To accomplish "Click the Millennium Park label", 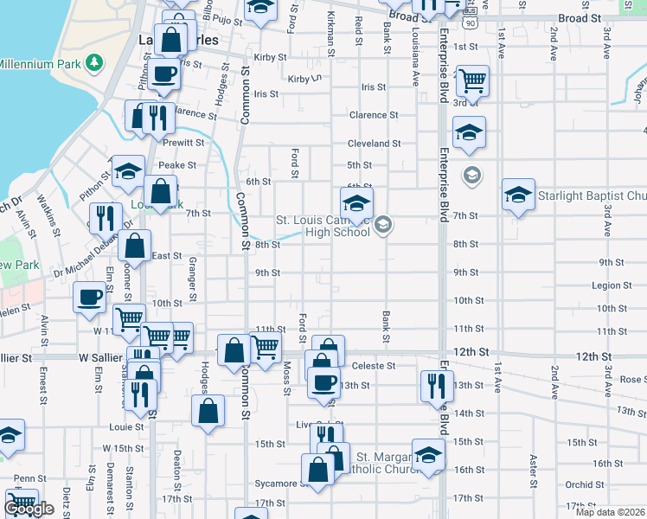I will tap(38, 64).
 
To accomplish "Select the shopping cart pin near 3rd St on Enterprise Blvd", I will tap(472, 80).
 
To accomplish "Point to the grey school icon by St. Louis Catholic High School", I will tap(384, 226).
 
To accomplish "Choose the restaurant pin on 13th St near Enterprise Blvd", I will tap(434, 384).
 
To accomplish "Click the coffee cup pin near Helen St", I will tap(89, 298).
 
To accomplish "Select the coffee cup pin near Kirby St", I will tap(163, 74).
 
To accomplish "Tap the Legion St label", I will tap(608, 285).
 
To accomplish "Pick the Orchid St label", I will tap(586, 485).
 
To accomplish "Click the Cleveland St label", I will tap(374, 144).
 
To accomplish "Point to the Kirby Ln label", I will tap(304, 79).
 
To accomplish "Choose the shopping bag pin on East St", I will tap(136, 246).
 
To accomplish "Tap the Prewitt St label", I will tap(186, 143).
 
